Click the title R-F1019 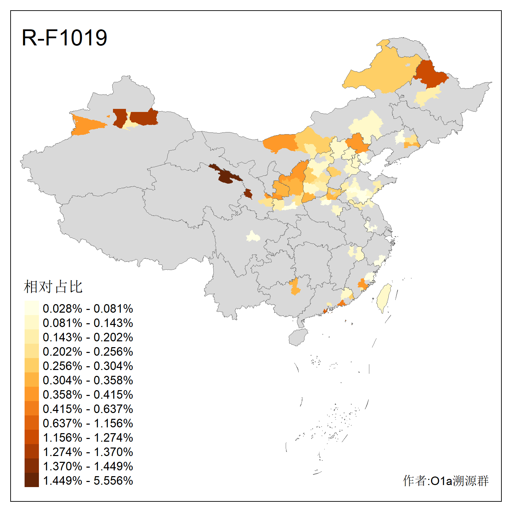[65, 38]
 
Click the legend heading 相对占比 [53, 287]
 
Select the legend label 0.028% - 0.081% [88, 309]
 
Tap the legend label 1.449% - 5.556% [88, 481]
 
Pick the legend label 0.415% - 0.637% [88, 409]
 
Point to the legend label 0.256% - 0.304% [88, 366]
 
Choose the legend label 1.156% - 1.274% [88, 438]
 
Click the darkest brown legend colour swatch [31, 480]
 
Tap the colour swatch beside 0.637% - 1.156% [31, 423]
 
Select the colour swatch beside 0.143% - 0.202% [31, 337]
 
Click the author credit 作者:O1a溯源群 [445, 481]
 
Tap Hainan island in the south [298, 337]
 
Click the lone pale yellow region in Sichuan [253, 236]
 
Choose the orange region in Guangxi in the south [295, 286]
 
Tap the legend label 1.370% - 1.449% [88, 466]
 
